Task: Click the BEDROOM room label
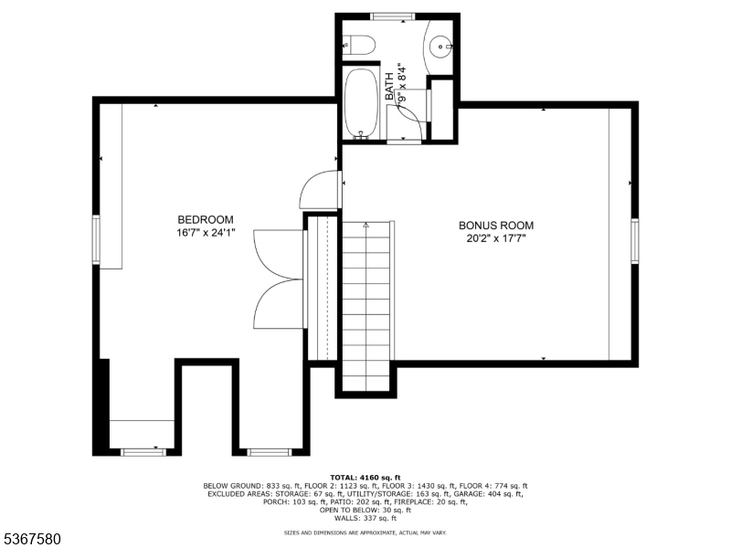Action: click(205, 219)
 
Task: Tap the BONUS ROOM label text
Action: click(495, 226)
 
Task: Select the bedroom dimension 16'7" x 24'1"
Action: click(205, 233)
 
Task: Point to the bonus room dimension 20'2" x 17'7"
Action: click(495, 239)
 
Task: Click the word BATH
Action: click(390, 87)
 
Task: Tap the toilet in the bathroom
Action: click(357, 44)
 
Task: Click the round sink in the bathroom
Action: click(442, 43)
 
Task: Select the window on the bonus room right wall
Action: click(634, 240)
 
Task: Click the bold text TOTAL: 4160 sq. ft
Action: click(365, 478)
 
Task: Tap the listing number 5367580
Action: click(31, 539)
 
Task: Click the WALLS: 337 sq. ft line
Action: click(365, 517)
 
